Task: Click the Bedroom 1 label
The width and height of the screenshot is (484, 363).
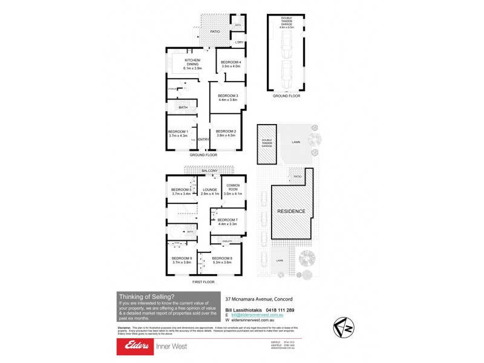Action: pyautogui.click(x=178, y=133)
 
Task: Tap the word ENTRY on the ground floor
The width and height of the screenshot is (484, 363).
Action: pyautogui.click(x=203, y=140)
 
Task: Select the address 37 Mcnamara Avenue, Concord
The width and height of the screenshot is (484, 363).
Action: pyautogui.click(x=259, y=298)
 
